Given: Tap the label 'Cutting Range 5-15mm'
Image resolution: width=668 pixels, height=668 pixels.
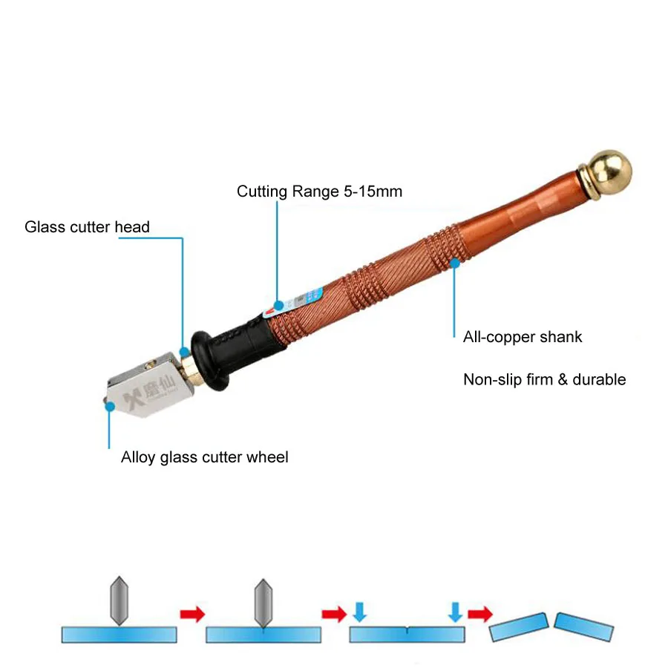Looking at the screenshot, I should click(319, 191).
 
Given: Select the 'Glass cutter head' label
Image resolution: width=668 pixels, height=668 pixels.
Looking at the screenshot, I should click(87, 227).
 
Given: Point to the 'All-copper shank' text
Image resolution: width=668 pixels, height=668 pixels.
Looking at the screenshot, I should click(523, 337).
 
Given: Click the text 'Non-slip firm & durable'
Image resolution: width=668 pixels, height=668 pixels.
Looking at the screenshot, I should click(544, 380).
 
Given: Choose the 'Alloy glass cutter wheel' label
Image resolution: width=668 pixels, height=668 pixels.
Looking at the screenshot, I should click(204, 457).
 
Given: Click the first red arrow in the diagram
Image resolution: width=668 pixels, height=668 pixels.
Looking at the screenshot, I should click(191, 614).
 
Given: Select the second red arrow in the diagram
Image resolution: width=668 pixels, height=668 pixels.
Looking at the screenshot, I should click(333, 614).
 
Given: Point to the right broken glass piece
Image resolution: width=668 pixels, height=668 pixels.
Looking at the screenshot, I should click(584, 626).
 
